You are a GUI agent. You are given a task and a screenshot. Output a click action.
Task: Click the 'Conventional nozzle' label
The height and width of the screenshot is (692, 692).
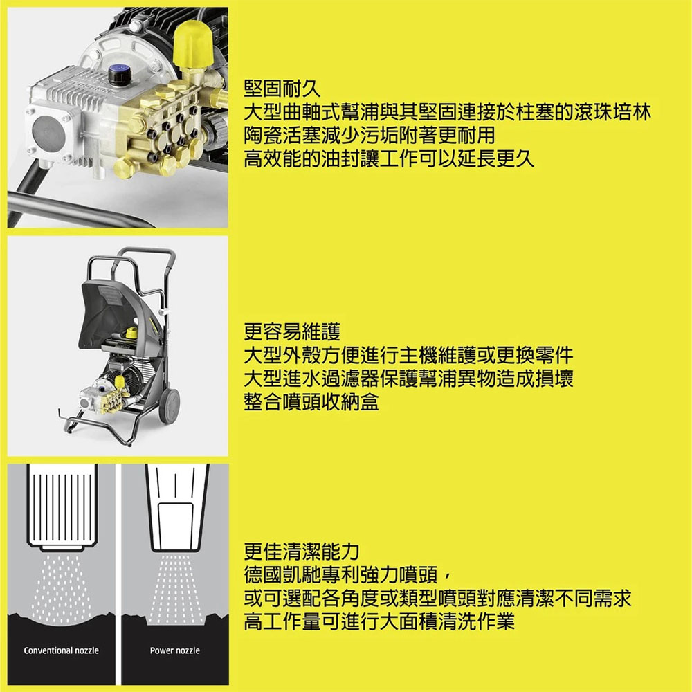coord(61,650)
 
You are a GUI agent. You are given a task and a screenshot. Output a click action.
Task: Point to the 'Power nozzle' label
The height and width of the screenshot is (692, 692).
coord(174,650)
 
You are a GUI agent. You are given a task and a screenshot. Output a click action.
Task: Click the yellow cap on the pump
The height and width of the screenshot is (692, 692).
coord(193,42)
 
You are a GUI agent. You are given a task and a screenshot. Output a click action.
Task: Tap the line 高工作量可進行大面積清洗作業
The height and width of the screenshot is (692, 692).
coord(380,622)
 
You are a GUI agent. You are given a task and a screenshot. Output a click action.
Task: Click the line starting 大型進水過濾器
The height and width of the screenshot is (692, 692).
coord(408,379)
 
